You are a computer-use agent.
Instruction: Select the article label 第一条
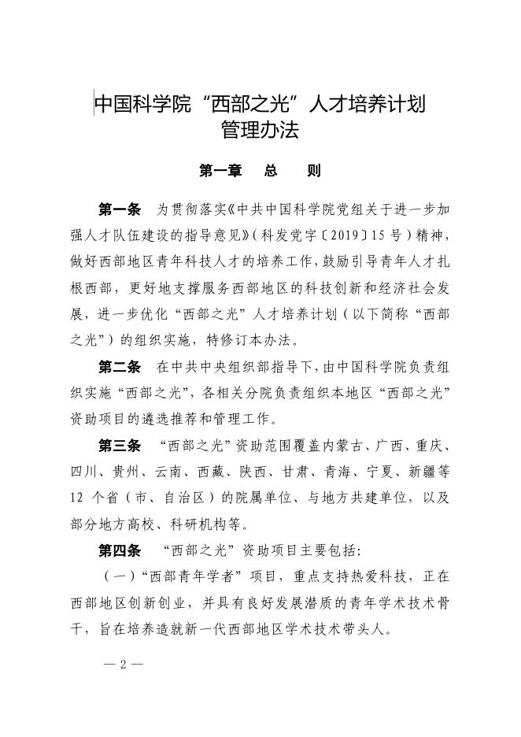tap(120, 209)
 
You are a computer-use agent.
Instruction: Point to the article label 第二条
tap(120, 366)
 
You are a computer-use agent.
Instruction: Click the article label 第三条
tap(120, 446)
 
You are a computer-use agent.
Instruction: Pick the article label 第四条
tap(120, 550)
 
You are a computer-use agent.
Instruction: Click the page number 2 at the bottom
tap(123, 663)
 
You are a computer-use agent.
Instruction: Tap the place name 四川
tap(81, 472)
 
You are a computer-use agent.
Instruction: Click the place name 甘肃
tap(337, 472)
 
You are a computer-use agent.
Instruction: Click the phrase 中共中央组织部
tap(205, 367)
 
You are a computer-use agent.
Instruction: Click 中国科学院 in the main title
tap(143, 103)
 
